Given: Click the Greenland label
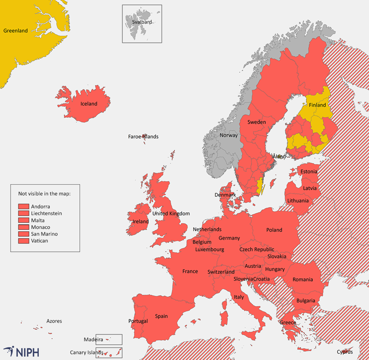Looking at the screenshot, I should [16, 31].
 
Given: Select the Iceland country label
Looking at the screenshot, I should [89, 104].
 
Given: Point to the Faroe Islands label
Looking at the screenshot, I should [143, 137].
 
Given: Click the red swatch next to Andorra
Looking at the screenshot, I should [24, 206].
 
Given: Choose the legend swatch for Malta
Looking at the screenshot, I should [24, 220].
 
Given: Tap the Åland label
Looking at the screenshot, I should [279, 157].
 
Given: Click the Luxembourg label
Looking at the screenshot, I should [209, 250].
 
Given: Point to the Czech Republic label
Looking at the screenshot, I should [256, 249].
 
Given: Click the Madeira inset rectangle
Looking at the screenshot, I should [109, 340].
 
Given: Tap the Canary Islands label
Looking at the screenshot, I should [87, 353].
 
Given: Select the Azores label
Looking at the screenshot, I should [54, 321].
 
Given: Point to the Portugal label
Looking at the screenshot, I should [138, 321].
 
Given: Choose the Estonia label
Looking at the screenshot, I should [309, 172].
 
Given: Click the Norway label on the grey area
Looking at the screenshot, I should [228, 135].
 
